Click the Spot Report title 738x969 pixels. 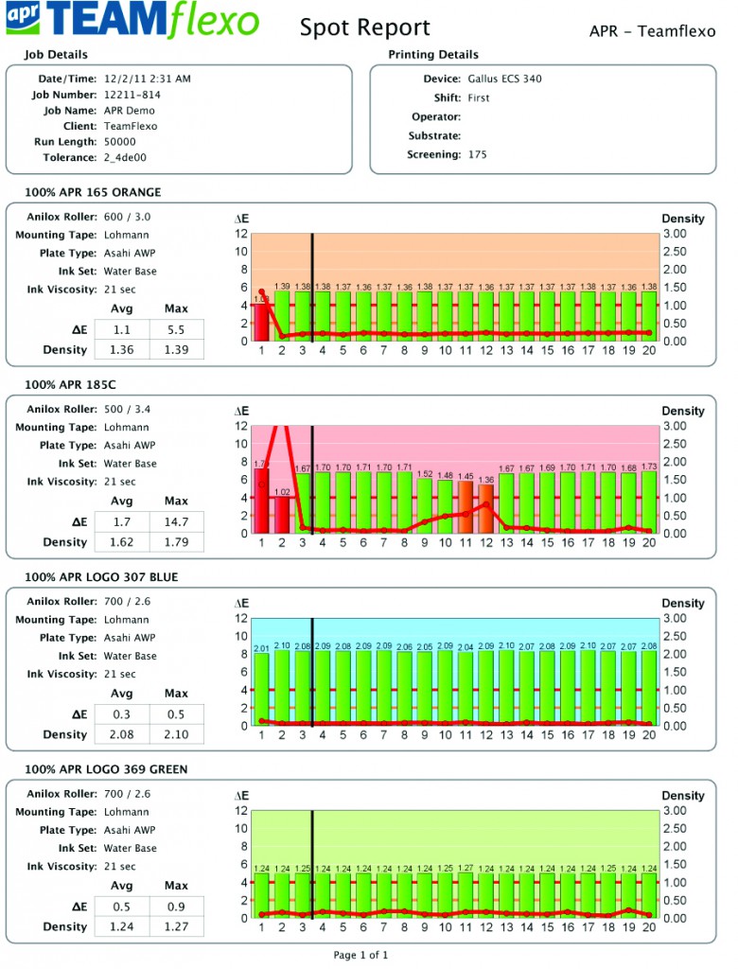pyautogui.click(x=364, y=28)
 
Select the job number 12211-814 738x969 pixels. pyautogui.click(x=132, y=95)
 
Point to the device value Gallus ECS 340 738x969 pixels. pyautogui.click(x=505, y=79)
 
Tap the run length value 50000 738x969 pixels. pyautogui.click(x=119, y=142)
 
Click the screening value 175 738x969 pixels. pyautogui.click(x=478, y=154)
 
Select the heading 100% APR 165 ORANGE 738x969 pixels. pyautogui.click(x=93, y=193)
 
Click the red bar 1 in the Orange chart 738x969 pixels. pyautogui.click(x=261, y=322)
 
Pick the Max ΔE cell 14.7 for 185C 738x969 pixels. pyautogui.click(x=176, y=521)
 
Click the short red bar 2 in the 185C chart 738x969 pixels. pyautogui.click(x=282, y=515)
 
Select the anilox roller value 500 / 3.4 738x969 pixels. pyautogui.click(x=128, y=409)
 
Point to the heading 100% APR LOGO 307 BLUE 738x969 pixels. pyautogui.click(x=101, y=577)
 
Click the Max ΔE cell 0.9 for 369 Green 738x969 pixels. pyautogui.click(x=176, y=907)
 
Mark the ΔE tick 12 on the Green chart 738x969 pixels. pyautogui.click(x=241, y=811)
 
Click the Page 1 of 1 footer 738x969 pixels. pyautogui.click(x=360, y=956)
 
